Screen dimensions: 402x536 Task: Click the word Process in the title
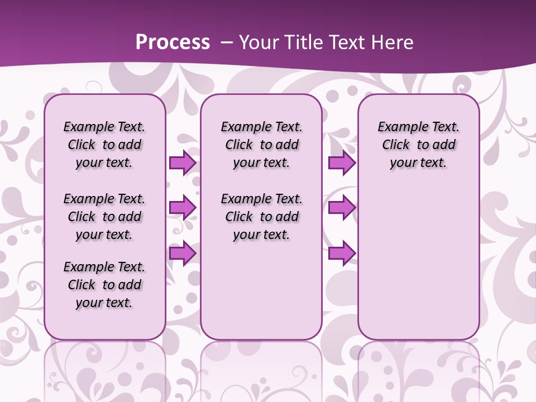pos(173,42)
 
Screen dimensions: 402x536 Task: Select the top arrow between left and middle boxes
pos(183,163)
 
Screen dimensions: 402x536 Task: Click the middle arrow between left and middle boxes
pos(183,208)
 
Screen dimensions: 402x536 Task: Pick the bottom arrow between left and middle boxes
pos(183,253)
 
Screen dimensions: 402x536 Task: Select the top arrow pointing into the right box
pos(342,163)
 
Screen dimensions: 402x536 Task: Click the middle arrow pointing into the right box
pos(342,208)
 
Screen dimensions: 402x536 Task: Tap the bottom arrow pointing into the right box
pos(342,253)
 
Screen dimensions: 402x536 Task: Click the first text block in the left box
pos(104,145)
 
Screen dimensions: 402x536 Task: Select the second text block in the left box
pos(104,217)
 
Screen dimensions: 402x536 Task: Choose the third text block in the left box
pos(104,285)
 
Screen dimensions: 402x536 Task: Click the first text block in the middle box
pos(262,145)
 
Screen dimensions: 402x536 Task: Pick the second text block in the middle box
pos(262,217)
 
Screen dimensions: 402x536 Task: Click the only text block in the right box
pos(419,145)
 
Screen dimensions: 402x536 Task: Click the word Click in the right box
pos(396,145)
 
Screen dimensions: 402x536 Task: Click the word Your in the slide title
pos(259,42)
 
